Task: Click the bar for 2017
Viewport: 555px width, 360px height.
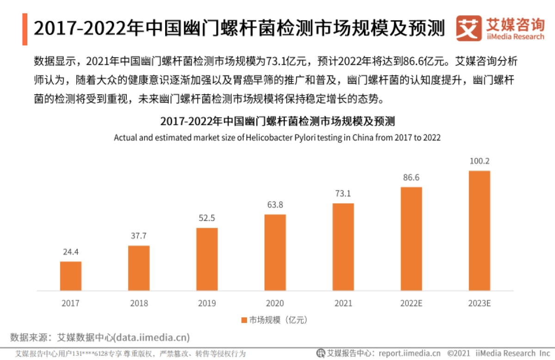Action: click(70, 276)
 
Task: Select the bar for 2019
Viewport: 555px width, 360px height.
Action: click(207, 259)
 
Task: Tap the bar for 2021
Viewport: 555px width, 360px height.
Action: click(343, 247)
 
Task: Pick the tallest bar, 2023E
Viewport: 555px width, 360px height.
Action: click(479, 231)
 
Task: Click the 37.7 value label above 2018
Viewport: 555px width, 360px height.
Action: click(139, 236)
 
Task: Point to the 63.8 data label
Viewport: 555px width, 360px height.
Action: click(275, 205)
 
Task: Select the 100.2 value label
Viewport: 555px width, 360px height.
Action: click(479, 161)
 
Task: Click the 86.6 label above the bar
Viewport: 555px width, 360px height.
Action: click(411, 177)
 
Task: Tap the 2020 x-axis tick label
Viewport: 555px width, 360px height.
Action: click(275, 304)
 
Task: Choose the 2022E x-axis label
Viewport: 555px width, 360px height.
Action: click(411, 304)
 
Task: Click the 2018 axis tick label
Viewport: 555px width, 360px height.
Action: click(139, 304)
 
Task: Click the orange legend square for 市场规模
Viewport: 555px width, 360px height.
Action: click(244, 320)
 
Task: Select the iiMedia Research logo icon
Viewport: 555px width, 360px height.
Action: click(468, 29)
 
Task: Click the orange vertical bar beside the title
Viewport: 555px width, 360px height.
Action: click(25, 29)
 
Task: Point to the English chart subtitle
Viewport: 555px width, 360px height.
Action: click(277, 138)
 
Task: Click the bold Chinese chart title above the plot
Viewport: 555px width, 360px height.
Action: click(277, 122)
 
